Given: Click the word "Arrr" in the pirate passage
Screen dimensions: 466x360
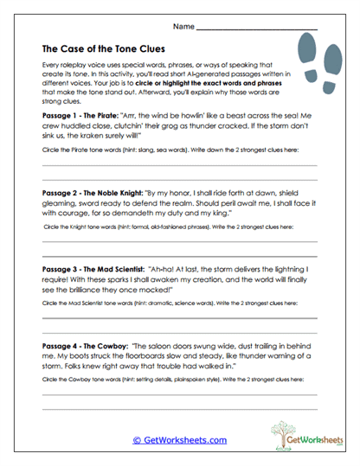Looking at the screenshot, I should pos(144,113).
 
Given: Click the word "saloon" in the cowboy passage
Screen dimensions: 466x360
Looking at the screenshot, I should pos(167,344).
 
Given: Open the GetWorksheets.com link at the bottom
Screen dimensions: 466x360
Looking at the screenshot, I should pos(180,439).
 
